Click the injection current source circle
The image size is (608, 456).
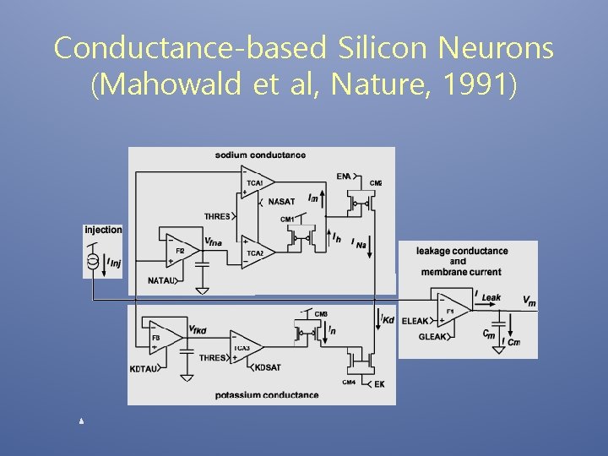[x=93, y=263]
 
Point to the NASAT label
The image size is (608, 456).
[x=281, y=202]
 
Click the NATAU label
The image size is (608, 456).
[x=161, y=280]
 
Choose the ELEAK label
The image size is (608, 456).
[x=415, y=321]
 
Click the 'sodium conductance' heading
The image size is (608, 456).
[x=260, y=155]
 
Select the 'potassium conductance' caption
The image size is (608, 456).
[x=267, y=394]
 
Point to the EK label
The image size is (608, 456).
[x=379, y=384]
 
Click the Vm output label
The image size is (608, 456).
[x=529, y=301]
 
